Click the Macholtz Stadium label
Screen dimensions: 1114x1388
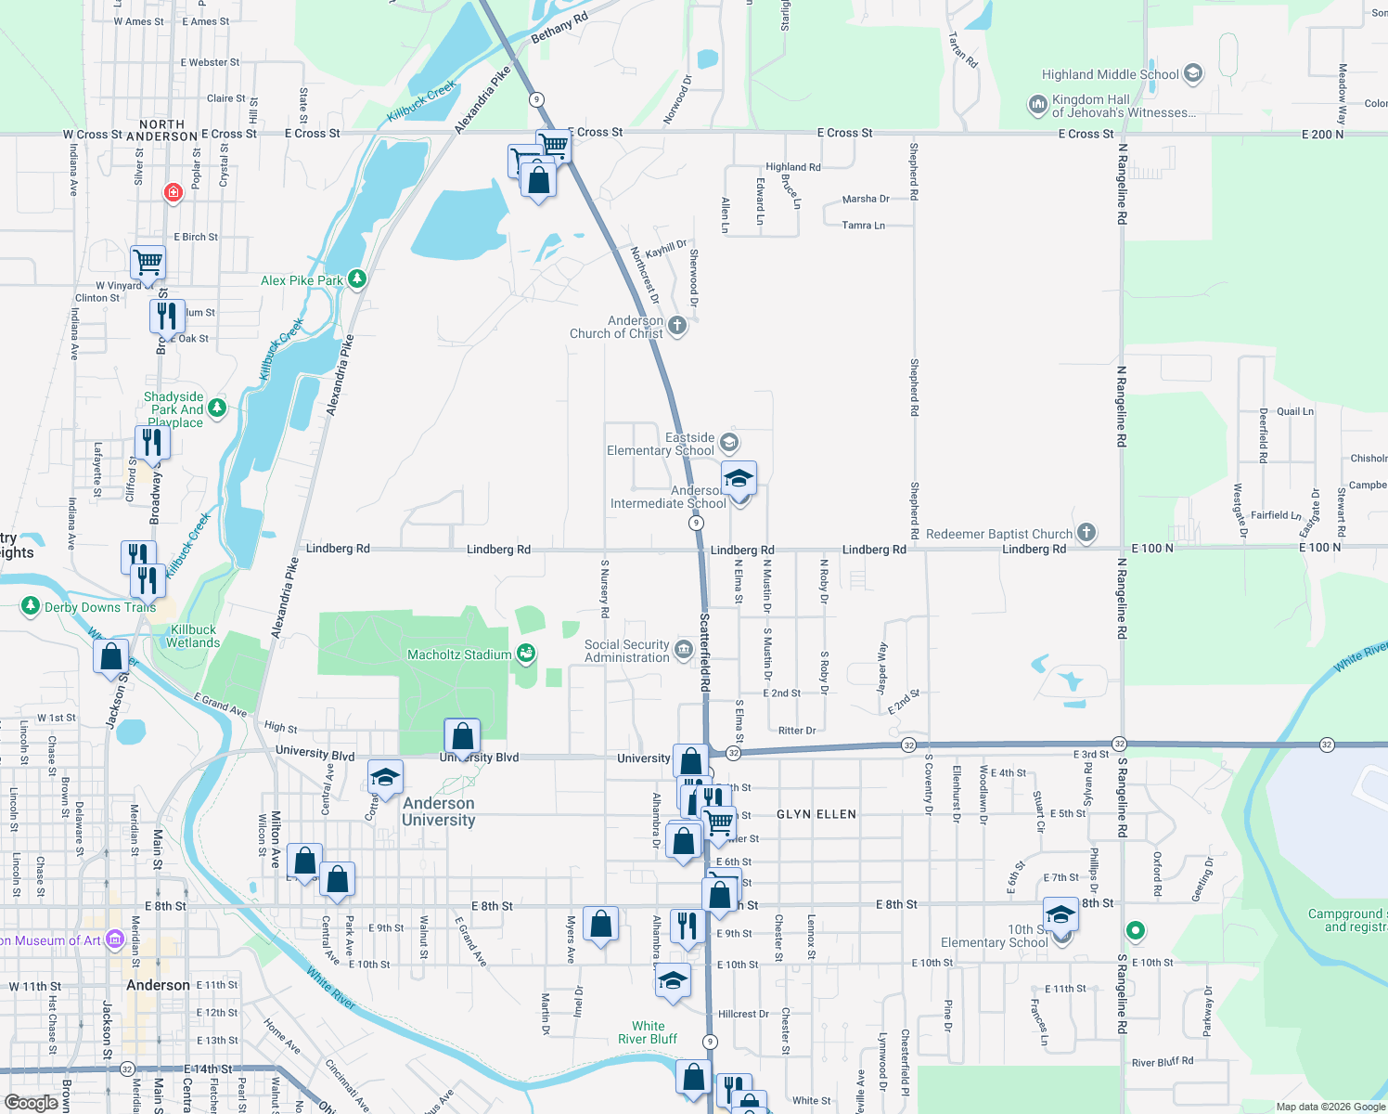point(459,654)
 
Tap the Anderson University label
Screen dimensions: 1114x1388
point(439,811)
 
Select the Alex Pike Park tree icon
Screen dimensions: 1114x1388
point(356,279)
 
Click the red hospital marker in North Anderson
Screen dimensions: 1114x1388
point(173,192)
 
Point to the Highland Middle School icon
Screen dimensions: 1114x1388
point(1193,73)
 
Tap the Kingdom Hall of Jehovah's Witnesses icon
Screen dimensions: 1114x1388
point(1037,105)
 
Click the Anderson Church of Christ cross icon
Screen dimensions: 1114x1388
point(677,326)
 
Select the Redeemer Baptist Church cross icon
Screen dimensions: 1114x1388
point(1086,534)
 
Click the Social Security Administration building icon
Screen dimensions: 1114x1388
point(684,650)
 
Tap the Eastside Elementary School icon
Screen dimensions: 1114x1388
point(729,443)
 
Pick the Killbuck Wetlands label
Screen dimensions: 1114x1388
point(193,636)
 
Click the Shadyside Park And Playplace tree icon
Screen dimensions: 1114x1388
point(216,408)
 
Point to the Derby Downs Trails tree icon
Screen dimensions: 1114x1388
point(30,607)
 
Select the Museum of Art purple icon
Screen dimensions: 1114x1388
point(114,939)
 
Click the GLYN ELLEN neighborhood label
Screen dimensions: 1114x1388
point(816,814)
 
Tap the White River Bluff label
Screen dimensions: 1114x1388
point(648,1032)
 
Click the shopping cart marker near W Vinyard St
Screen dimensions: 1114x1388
point(148,263)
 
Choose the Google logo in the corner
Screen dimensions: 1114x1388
point(32,1102)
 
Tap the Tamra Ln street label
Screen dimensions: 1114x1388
point(863,226)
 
